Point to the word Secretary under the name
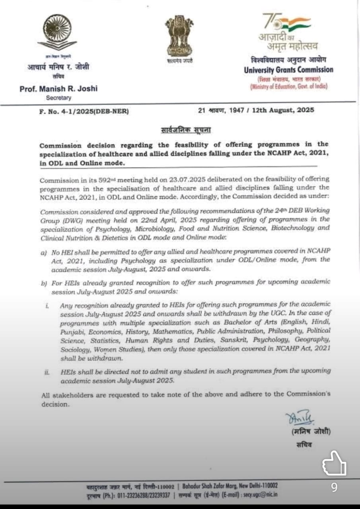tap(58, 98)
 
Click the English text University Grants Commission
tap(288, 70)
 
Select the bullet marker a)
tap(43, 253)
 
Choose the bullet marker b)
tap(43, 282)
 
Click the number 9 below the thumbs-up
tap(334, 487)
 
